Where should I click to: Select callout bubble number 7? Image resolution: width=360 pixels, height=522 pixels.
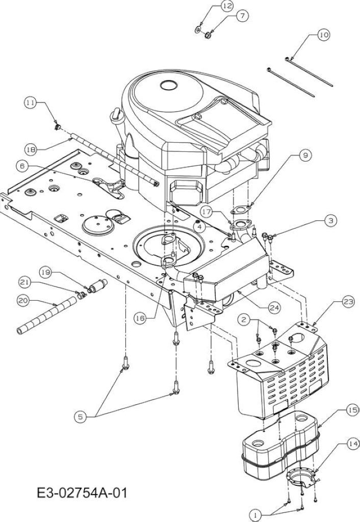click(242, 15)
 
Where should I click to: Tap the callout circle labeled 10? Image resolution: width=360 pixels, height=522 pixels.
click(323, 35)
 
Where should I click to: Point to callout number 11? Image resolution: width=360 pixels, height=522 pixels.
click(30, 103)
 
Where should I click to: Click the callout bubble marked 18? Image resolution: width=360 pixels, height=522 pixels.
click(31, 149)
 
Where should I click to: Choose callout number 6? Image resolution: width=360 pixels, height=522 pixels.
click(22, 166)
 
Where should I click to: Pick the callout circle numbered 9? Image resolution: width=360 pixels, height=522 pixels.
click(305, 155)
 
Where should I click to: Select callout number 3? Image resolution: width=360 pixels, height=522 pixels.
click(331, 220)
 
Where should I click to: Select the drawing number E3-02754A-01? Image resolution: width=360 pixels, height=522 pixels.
click(82, 493)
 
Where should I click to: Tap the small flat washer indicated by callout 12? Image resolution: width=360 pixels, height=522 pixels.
click(198, 29)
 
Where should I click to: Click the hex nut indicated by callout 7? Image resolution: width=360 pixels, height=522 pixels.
click(206, 34)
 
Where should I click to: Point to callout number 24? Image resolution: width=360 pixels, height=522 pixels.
click(275, 307)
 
